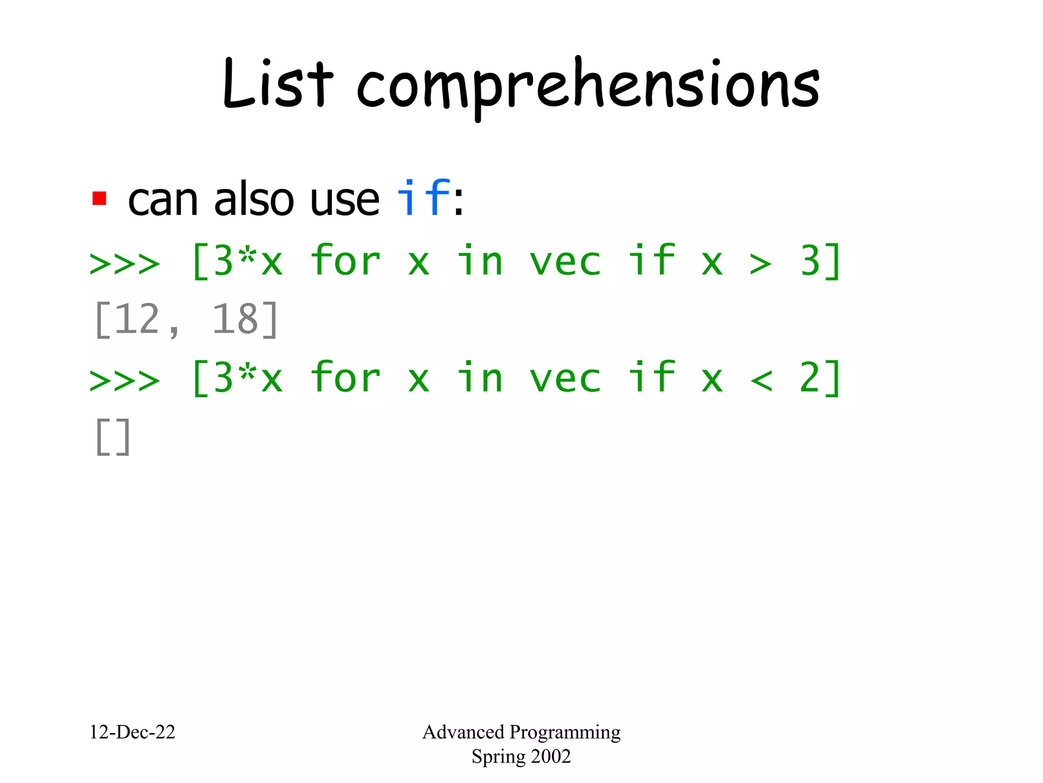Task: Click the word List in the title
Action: [278, 84]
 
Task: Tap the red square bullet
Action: [99, 198]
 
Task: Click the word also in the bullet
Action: [254, 199]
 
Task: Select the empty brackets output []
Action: [113, 437]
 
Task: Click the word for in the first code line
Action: [345, 261]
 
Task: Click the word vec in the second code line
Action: [565, 379]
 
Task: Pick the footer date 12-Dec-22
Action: [132, 732]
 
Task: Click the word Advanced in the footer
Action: [463, 732]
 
